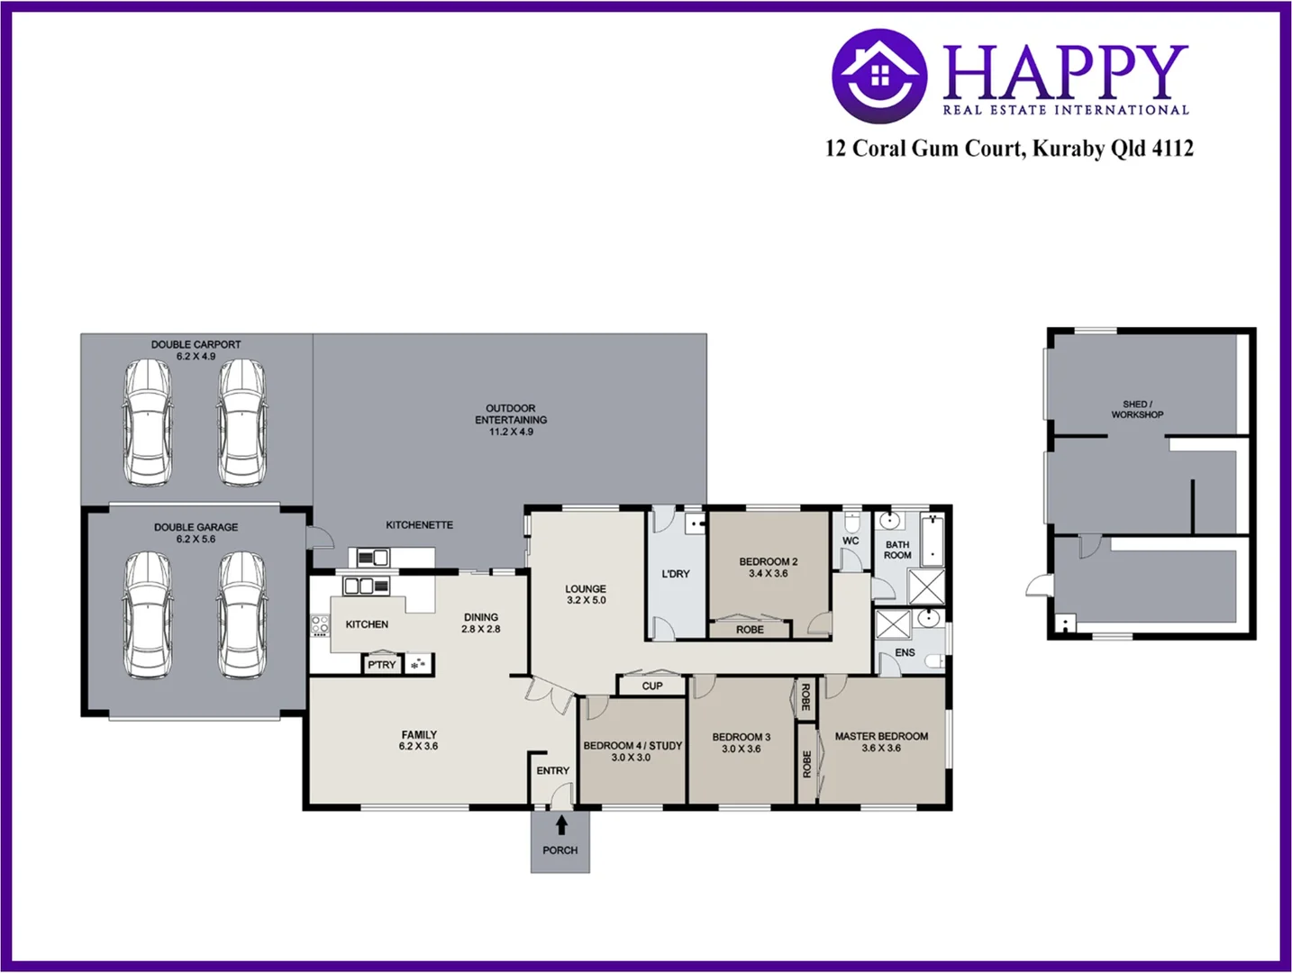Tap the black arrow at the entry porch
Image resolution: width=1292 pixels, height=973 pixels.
pos(561,824)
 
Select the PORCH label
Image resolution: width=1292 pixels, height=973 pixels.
pos(560,850)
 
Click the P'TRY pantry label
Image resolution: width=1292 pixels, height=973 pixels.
pos(381,665)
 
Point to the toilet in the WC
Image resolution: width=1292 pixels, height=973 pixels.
pos(851,523)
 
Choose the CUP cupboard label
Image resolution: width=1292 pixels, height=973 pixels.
pos(652,686)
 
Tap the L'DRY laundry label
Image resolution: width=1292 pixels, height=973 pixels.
pos(675,574)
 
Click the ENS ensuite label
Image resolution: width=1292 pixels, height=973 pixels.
pos(905,652)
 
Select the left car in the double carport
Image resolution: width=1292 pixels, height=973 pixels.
pos(147,423)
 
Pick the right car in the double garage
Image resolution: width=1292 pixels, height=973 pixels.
pos(242,614)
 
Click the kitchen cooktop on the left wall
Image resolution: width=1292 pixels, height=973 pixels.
pos(320,624)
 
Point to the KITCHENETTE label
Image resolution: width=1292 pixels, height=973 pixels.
pos(419,525)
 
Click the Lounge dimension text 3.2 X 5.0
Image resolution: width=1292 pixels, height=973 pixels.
pos(586,601)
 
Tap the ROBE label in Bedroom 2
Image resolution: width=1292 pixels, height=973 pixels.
pos(750,630)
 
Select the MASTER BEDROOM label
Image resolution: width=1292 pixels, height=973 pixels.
pos(880,736)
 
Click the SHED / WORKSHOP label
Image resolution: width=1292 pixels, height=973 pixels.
pos(1137,410)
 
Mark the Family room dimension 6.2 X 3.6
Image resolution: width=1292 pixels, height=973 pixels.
pos(418,747)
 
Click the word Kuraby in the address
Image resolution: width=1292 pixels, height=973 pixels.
pos(1068,149)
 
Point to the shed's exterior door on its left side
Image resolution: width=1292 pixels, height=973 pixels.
pos(1039,586)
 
